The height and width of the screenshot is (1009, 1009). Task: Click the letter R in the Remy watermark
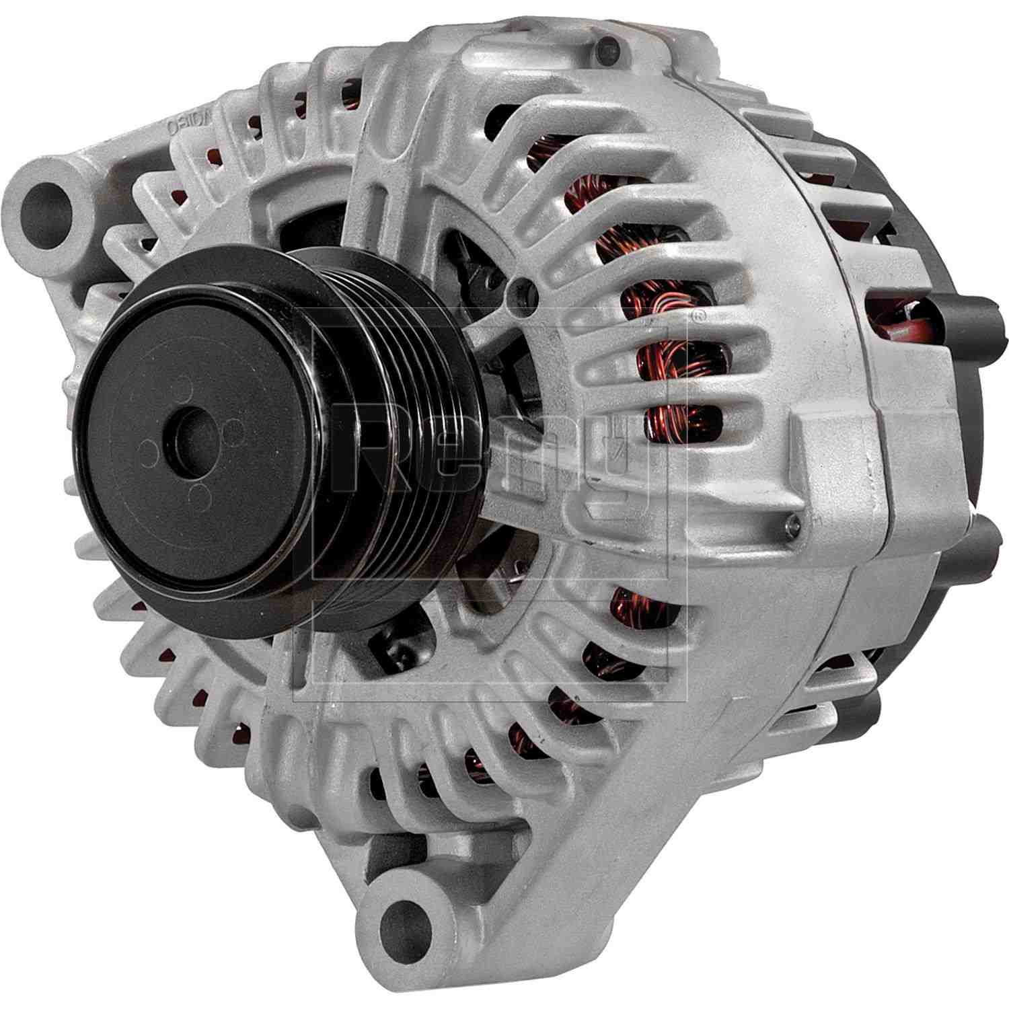363,447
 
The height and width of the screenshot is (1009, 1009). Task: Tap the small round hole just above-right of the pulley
523,291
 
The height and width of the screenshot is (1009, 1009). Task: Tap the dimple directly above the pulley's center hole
180,388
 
